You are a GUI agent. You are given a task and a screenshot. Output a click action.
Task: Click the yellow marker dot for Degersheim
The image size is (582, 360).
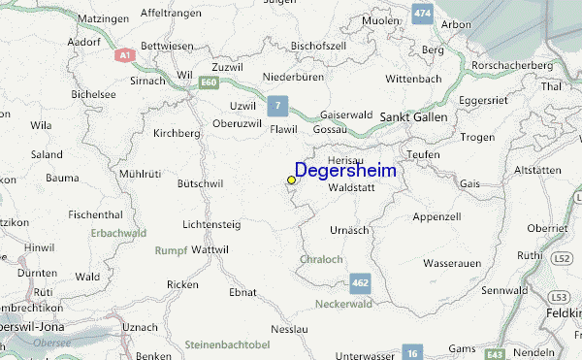coord(291,180)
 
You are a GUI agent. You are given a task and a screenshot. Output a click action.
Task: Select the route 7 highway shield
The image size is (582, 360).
coord(278,105)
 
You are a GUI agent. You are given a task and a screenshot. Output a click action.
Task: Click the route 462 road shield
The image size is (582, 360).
coord(360,283)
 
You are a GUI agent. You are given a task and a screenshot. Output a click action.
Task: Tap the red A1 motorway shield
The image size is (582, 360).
coord(124,55)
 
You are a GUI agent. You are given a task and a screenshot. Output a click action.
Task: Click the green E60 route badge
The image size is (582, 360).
coord(209,84)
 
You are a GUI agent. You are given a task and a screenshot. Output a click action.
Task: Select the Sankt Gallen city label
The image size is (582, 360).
coord(413,116)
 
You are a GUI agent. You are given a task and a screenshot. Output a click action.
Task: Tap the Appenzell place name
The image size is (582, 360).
coord(436,215)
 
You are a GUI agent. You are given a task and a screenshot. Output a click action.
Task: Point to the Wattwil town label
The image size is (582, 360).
coord(210,249)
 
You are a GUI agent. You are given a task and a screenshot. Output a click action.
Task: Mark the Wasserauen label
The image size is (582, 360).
coord(454,263)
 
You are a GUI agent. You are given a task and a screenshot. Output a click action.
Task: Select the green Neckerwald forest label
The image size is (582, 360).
coord(343,305)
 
